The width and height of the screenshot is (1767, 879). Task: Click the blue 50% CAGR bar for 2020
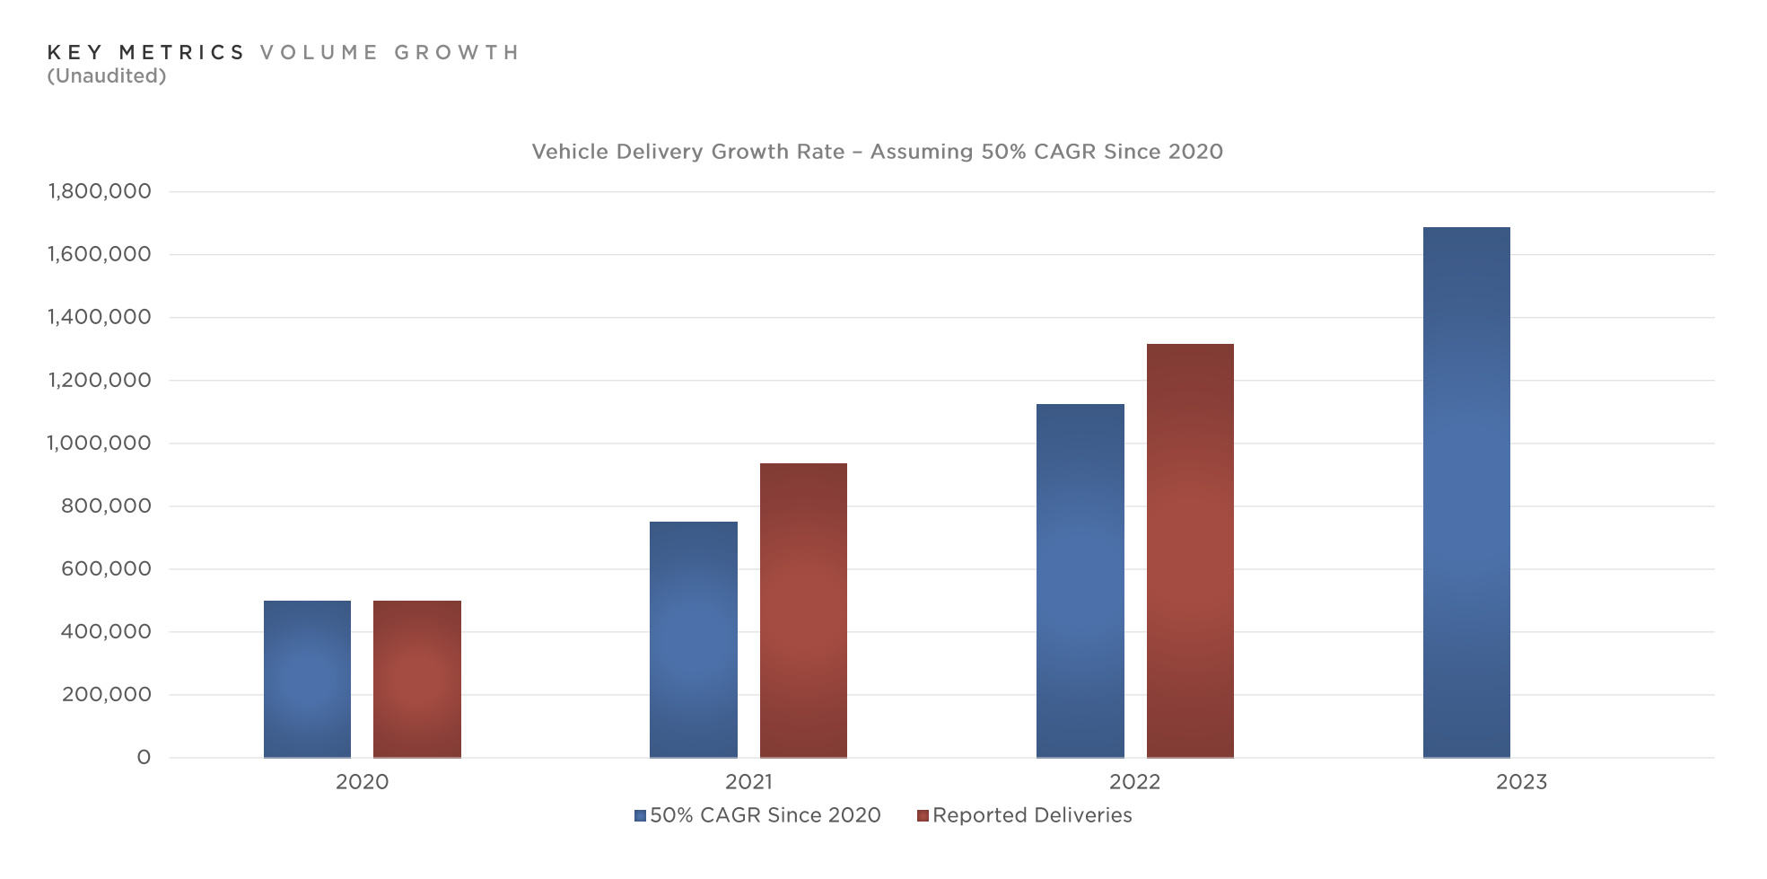coord(307,679)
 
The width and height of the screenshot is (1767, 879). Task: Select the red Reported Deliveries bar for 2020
coord(416,679)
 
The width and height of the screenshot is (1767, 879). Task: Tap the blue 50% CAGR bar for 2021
coord(693,639)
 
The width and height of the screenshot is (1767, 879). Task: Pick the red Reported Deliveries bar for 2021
coord(803,611)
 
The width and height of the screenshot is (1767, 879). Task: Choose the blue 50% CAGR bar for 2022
coord(1080,580)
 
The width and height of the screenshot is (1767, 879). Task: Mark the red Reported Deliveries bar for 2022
coord(1190,550)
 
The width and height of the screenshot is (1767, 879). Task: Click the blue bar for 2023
coord(1466,492)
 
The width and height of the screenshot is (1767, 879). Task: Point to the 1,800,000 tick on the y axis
coord(100,191)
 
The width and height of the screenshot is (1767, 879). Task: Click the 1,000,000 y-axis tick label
coord(100,443)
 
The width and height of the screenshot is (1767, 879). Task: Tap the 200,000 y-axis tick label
coord(107,694)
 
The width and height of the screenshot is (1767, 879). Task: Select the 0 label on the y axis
coord(144,758)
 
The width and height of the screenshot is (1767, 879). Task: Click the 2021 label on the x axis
coord(748,782)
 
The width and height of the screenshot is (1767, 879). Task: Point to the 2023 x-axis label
coord(1521,782)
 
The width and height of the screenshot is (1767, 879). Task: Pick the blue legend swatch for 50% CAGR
coord(640,816)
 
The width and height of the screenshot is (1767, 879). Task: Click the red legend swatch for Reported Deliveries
coord(923,816)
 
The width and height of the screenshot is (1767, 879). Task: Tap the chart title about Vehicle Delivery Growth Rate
coord(877,152)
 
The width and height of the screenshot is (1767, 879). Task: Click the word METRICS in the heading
coord(182,53)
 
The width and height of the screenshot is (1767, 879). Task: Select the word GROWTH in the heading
coord(457,53)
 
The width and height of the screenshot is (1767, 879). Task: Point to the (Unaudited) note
coord(107,76)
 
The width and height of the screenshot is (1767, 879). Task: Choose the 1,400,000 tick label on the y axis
coord(100,317)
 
